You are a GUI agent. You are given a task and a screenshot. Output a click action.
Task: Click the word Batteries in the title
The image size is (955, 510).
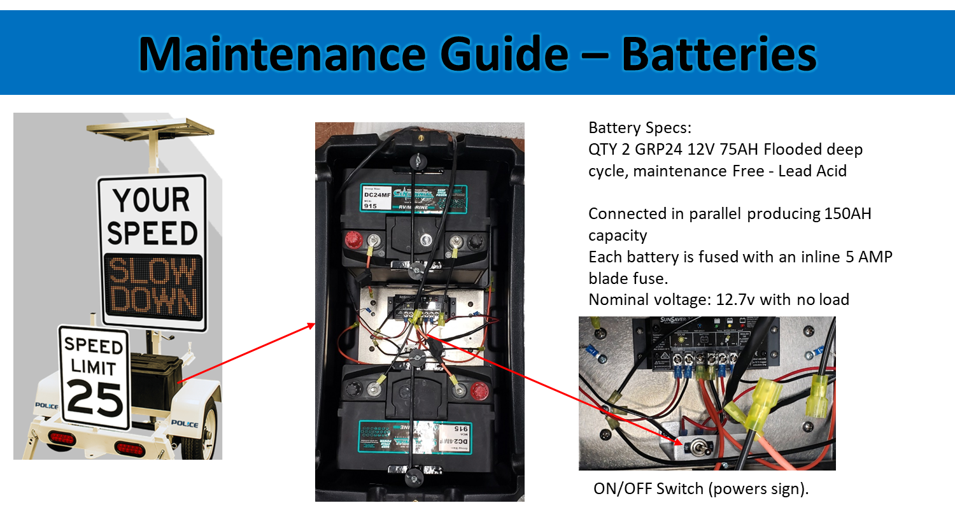click(x=719, y=55)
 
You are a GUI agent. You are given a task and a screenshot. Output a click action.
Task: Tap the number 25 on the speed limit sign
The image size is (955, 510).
click(x=95, y=398)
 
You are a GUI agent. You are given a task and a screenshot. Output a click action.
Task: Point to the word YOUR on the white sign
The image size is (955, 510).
click(x=152, y=201)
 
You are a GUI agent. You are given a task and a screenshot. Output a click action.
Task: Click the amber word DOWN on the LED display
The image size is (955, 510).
click(x=152, y=300)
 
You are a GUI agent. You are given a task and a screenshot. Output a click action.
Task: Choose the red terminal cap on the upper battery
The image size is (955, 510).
click(x=351, y=240)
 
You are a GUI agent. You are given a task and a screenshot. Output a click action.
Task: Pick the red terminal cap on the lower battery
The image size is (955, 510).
click(x=477, y=389)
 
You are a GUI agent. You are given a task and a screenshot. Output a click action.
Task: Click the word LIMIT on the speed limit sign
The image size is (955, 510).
click(x=94, y=367)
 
